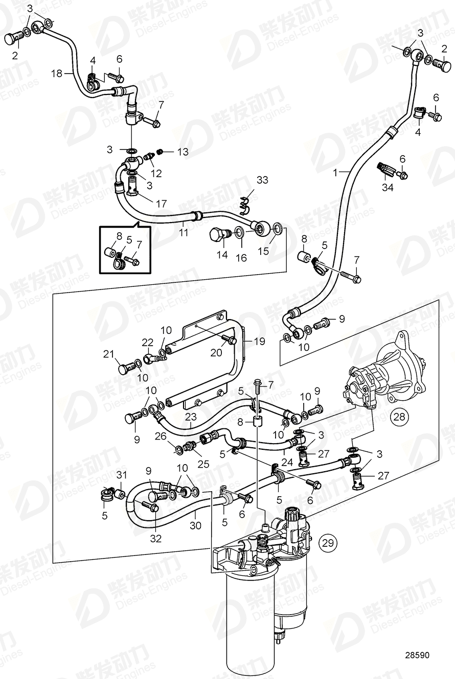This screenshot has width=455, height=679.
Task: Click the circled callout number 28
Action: coord(400,417)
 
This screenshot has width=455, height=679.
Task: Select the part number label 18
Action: coord(56,74)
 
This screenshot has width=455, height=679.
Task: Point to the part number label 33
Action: coord(262,180)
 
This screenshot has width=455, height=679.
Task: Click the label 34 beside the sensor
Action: coord(388,187)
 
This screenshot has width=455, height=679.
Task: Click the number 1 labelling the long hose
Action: coord(336,174)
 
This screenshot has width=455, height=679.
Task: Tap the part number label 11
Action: coord(184,232)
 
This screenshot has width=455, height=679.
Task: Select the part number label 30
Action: coord(196,525)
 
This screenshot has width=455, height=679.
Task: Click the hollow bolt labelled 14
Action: coord(219,236)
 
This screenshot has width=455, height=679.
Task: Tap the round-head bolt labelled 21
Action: coord(123,367)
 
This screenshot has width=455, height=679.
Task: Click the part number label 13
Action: coord(183,152)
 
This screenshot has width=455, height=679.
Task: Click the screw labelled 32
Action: coord(152,506)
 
